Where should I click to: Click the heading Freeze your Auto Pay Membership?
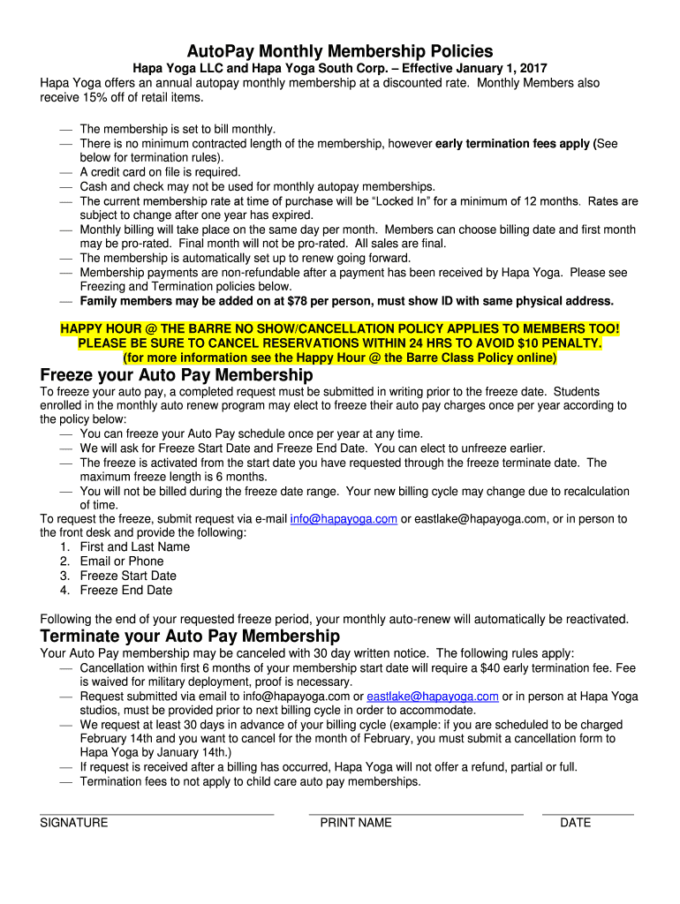pyautogui.click(x=172, y=376)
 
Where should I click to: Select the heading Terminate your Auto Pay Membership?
pyautogui.click(x=190, y=637)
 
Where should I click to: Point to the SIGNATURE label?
pyautogui.click(x=74, y=823)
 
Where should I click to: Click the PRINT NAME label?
pyautogui.click(x=356, y=823)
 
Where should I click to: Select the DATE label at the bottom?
pyautogui.click(x=576, y=823)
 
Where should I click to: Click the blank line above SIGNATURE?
pyautogui.click(x=157, y=813)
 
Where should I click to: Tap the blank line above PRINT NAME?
pyautogui.click(x=416, y=813)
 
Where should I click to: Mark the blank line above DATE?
pyautogui.click(x=588, y=813)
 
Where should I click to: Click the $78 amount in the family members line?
pyautogui.click(x=282, y=301)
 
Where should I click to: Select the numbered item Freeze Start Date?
pyautogui.click(x=128, y=576)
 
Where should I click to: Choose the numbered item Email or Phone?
pyautogui.click(x=122, y=561)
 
